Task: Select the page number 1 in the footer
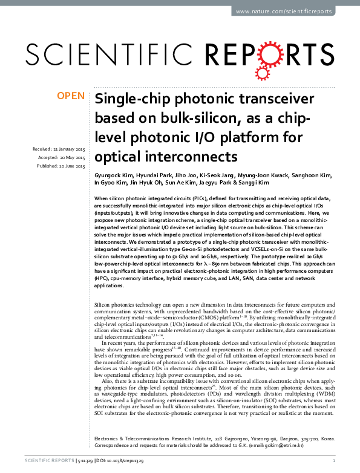[333, 462]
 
